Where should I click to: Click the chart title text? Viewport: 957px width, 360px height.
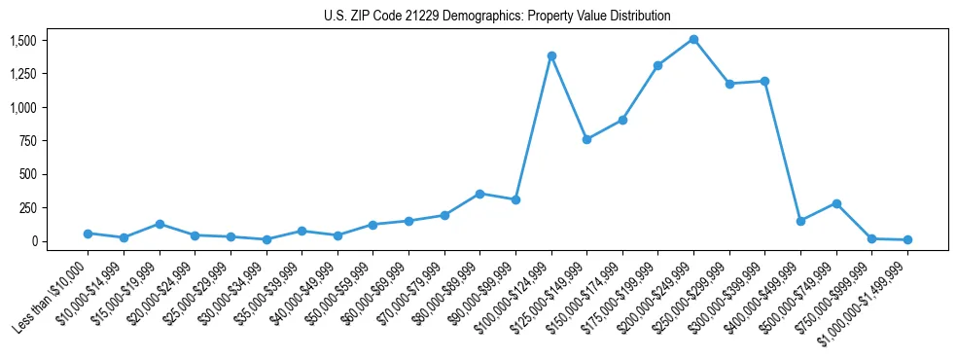pos(497,17)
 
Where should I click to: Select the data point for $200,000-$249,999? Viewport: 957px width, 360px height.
pos(693,40)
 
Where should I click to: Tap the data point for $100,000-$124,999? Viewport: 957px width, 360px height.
pos(551,55)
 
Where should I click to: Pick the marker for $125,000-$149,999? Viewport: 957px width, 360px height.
pos(586,139)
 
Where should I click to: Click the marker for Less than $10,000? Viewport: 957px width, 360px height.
pos(88,234)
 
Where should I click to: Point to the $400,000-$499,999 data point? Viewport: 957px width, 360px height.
pos(800,221)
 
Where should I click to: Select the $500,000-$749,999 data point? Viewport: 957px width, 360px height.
pos(836,203)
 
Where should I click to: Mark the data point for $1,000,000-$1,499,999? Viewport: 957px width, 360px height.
pos(907,239)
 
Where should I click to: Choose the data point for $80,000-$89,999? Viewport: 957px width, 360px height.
pos(479,194)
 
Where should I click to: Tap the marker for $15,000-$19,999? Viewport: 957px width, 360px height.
pos(159,224)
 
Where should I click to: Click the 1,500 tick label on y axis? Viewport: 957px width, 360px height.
pos(23,40)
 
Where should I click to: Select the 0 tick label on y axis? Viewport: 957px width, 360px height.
pos(33,240)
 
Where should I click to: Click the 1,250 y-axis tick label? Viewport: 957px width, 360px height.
pos(23,74)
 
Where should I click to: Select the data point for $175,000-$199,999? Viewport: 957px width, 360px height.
pos(658,65)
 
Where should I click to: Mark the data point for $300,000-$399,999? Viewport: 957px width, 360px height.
pos(764,81)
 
